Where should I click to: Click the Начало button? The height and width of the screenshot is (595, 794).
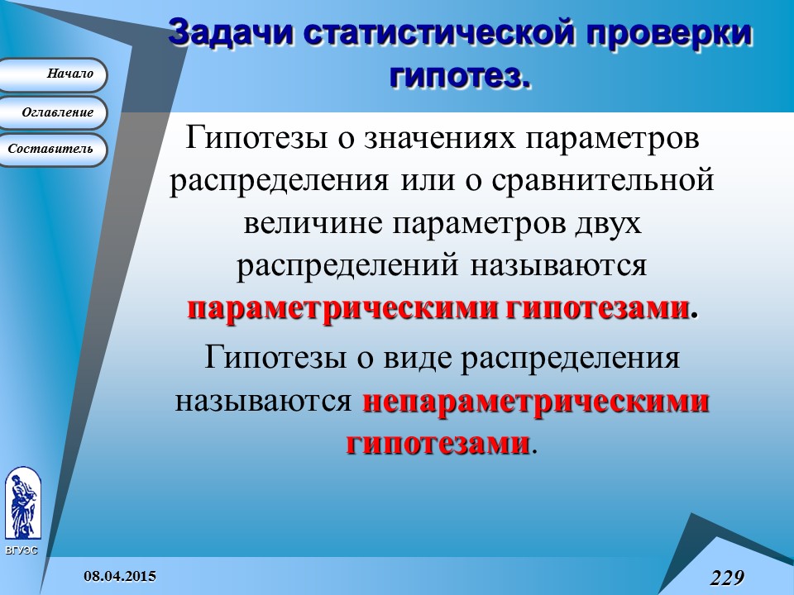53,74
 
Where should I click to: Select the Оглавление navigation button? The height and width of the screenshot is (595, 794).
53,112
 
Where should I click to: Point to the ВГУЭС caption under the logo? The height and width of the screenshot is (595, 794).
21,550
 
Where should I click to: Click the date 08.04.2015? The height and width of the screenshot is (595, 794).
119,575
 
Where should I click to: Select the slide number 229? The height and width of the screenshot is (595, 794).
727,577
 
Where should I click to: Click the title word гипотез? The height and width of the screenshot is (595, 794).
459,75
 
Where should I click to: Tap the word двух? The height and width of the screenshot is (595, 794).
606,224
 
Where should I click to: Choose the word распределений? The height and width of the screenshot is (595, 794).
349,266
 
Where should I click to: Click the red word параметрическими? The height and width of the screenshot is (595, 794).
342,309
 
